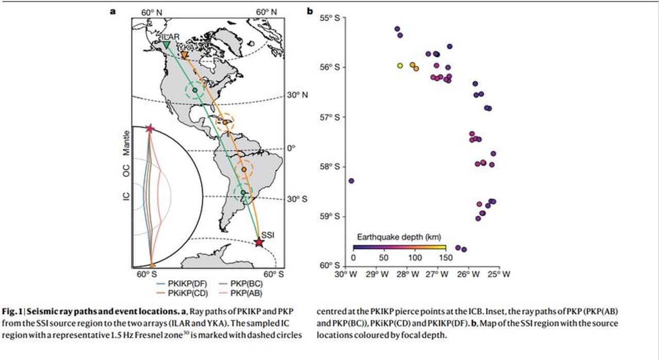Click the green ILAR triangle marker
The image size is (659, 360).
[x=166, y=45]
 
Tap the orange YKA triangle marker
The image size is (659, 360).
[x=184, y=55]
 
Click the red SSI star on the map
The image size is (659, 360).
[x=259, y=243]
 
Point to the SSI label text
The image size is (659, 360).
[x=268, y=235]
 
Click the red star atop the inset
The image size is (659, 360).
[x=149, y=128]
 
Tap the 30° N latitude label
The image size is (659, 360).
[x=297, y=95]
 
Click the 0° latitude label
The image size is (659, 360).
[x=291, y=148]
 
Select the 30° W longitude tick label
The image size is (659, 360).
[x=345, y=275]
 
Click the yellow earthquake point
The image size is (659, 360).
[x=400, y=65]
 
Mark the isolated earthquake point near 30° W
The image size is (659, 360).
[x=351, y=181]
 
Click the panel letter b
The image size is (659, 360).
[x=310, y=10]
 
